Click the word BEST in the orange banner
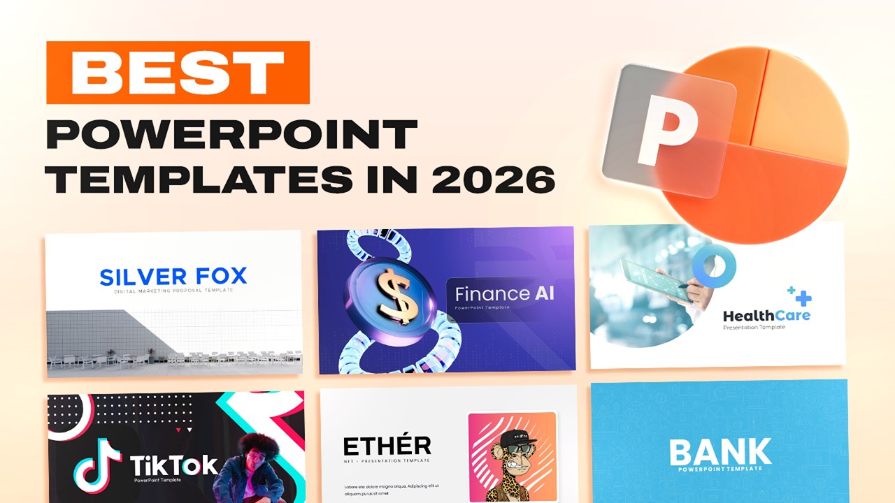[178, 73]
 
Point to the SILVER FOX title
[173, 276]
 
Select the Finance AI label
[504, 293]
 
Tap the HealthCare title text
[766, 316]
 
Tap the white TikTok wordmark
[174, 465]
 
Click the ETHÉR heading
[387, 446]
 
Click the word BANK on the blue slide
[719, 453]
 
